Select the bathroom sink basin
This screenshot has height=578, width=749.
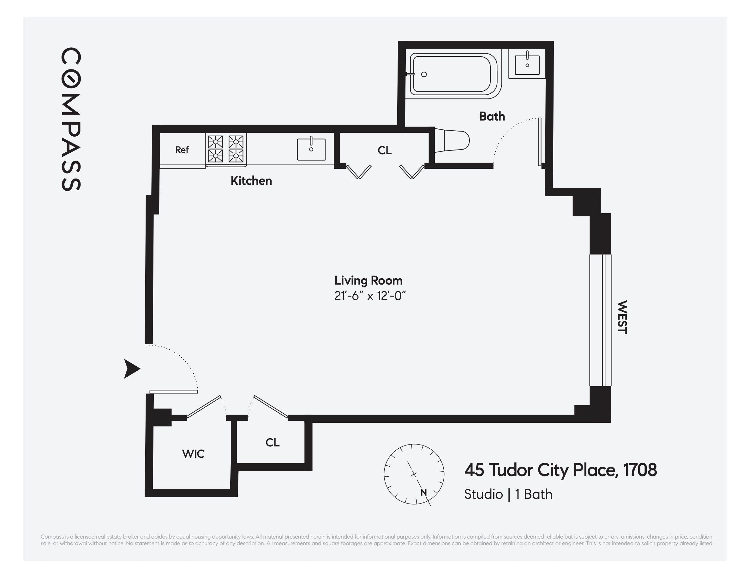527,64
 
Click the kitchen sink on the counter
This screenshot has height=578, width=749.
311,149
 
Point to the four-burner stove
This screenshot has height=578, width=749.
226,149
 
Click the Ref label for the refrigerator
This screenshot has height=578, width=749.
182,150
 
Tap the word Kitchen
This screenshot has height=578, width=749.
251,180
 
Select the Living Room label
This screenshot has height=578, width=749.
368,280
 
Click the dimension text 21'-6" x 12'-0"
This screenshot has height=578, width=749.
370,296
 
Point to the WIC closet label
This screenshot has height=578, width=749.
193,454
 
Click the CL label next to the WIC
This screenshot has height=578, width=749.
272,442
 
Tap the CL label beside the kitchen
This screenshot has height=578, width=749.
384,150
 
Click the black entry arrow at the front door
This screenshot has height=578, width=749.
131,369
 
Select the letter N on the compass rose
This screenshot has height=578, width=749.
423,493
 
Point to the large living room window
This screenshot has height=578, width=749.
600,320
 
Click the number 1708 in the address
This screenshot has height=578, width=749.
640,470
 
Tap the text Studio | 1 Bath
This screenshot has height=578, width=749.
508,494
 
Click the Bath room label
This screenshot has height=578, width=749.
492,116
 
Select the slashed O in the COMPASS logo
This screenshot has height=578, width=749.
71,79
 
